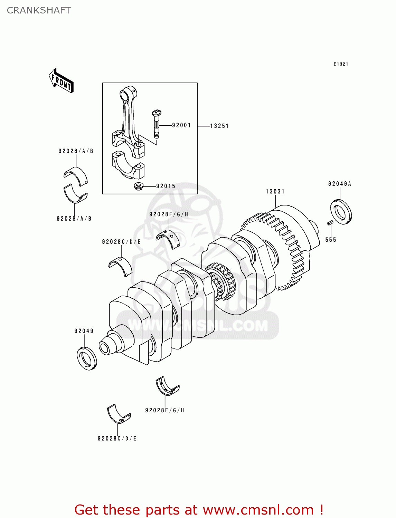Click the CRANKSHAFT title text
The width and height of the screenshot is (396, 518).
39,10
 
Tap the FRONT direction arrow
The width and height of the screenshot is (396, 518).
61,81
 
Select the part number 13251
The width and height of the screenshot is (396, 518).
219,126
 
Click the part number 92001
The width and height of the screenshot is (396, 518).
181,125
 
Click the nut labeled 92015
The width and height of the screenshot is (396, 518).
139,186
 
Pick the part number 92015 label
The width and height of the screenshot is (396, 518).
166,186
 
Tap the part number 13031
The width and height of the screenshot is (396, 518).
275,191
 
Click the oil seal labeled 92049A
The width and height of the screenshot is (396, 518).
341,211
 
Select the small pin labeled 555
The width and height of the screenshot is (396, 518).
330,223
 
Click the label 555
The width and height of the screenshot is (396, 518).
331,240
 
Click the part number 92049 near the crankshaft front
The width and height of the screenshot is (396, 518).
84,331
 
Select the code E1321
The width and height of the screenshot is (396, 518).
341,64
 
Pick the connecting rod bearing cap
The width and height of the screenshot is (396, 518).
128,165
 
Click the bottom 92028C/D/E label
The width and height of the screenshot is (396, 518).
117,439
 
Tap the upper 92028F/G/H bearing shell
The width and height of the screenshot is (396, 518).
168,237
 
